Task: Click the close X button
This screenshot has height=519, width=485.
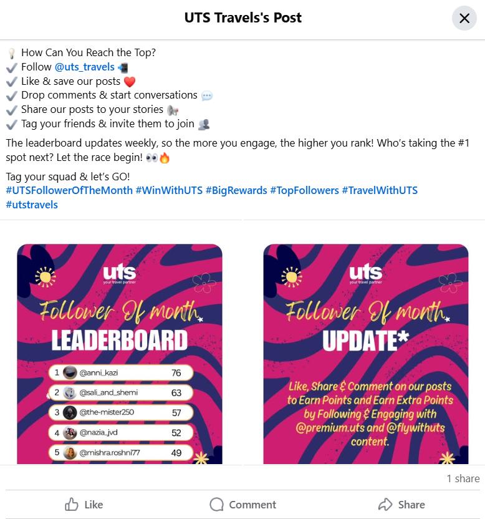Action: [464, 18]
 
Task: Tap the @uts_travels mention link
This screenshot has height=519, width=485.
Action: [85, 67]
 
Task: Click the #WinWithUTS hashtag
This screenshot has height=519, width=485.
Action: [169, 190]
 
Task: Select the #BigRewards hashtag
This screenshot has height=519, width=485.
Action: [236, 190]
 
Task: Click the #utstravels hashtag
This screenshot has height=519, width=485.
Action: [32, 205]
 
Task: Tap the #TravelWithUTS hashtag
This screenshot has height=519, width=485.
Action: [380, 190]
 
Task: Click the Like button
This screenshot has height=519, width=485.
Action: [84, 505]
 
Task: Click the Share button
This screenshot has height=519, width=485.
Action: [401, 505]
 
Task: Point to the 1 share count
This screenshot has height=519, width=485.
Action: [463, 478]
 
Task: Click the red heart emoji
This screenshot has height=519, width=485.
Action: [130, 82]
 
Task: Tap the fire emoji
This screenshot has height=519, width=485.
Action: [165, 158]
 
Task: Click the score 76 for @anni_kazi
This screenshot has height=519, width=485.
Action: [176, 372]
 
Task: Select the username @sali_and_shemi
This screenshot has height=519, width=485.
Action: [108, 392]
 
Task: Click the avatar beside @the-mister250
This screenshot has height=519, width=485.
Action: [70, 412]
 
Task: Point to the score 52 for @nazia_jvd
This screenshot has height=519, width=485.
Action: [176, 433]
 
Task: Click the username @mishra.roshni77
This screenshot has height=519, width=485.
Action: [110, 452]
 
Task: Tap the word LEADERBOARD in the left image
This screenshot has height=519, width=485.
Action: [120, 340]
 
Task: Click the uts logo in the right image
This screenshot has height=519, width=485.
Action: [365, 273]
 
